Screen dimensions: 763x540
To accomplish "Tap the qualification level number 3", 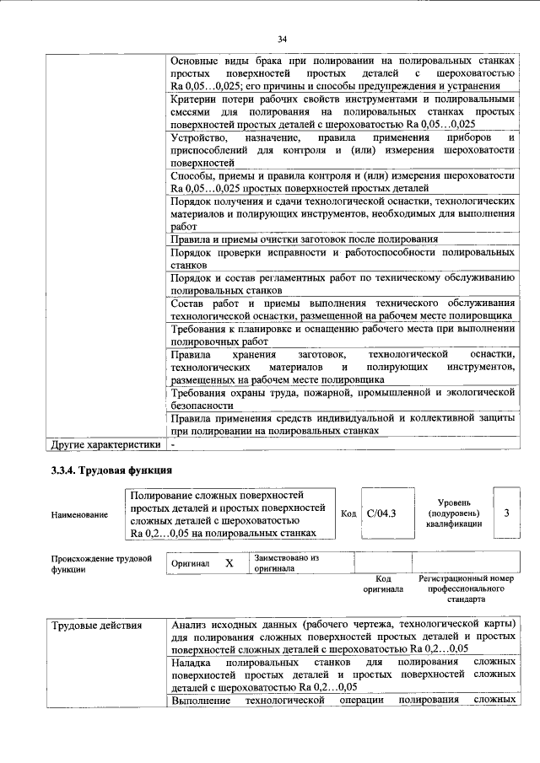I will tap(505, 513).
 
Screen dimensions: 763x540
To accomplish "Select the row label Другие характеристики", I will tap(105, 443).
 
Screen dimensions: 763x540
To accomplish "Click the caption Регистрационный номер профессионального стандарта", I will tap(466, 589).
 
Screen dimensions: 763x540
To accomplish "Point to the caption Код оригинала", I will tap(383, 584).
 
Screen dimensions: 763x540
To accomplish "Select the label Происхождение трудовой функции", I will tap(100, 563).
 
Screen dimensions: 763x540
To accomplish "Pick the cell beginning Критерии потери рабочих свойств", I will tap(342, 112).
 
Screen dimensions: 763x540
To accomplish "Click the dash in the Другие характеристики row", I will tap(172, 443).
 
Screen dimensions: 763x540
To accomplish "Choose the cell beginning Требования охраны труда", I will tap(342, 398).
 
